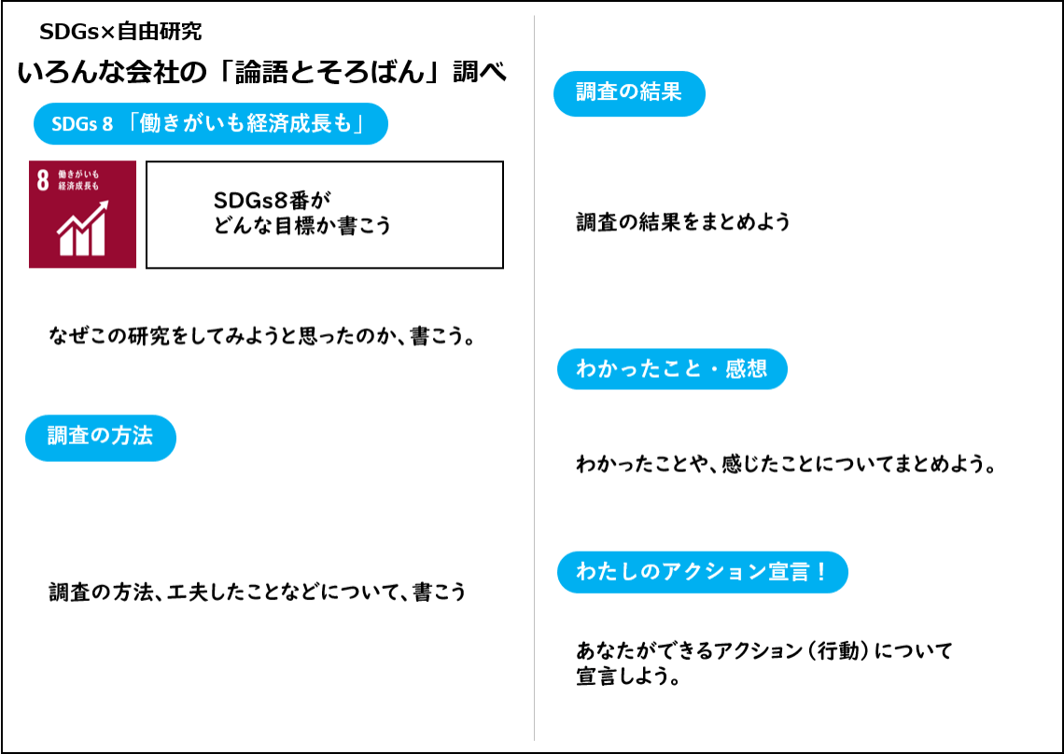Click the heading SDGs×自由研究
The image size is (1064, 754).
tap(120, 31)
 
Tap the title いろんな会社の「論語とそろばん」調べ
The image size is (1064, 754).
tap(262, 73)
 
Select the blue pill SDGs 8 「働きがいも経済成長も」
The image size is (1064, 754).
tap(210, 123)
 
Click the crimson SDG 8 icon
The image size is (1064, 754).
tap(82, 215)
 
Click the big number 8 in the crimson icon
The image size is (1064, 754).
tap(43, 180)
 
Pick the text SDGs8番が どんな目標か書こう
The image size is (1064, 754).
tap(302, 213)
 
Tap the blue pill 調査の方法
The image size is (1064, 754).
tap(101, 438)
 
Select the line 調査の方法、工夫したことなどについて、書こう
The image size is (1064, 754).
tap(258, 592)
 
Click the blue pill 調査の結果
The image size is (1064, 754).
tap(629, 93)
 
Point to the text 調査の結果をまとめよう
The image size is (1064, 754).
tap(683, 222)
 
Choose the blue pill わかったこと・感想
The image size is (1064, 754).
tap(672, 370)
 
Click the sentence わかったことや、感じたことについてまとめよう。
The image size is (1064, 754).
tap(786, 464)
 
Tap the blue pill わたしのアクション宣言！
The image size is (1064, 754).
tap(702, 572)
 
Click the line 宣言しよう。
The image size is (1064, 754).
tap(628, 677)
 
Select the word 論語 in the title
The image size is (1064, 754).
tap(262, 73)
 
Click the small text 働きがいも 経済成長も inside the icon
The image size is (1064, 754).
tap(78, 180)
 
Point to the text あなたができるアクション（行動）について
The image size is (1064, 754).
tap(764, 650)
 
